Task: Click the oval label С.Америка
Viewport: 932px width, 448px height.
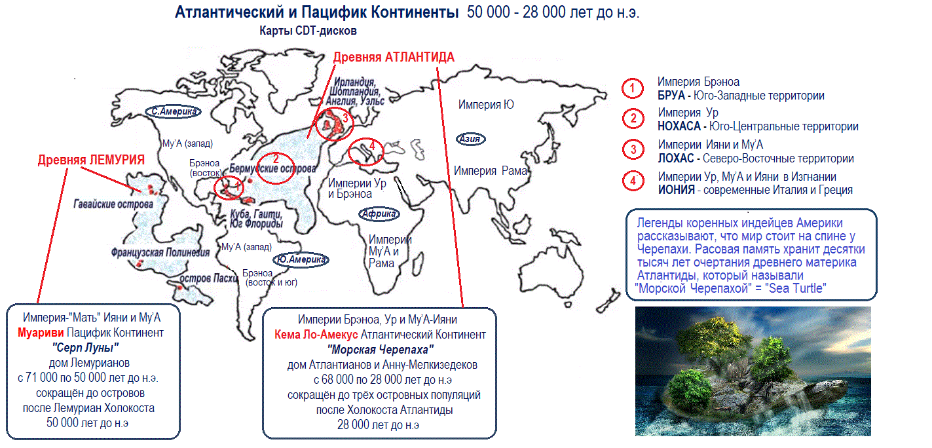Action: pyautogui.click(x=173, y=111)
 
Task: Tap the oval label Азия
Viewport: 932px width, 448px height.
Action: pyautogui.click(x=470, y=139)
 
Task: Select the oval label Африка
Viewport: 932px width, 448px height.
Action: pyautogui.click(x=379, y=214)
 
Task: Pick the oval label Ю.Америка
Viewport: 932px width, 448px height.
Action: pyautogui.click(x=301, y=259)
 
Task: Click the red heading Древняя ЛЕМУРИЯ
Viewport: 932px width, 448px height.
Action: pyautogui.click(x=91, y=160)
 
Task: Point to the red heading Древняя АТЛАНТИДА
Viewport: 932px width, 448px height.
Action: pyautogui.click(x=394, y=57)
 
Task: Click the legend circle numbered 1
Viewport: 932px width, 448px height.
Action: pyautogui.click(x=633, y=88)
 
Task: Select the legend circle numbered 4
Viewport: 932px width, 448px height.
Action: pyautogui.click(x=633, y=181)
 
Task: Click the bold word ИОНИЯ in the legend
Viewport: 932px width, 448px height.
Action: pyautogui.click(x=676, y=190)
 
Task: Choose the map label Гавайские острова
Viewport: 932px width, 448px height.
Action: pyautogui.click(x=113, y=204)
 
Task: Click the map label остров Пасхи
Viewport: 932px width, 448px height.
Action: pyautogui.click(x=208, y=278)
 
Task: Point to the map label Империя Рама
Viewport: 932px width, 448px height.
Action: pyautogui.click(x=490, y=170)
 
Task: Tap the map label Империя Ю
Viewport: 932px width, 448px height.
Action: pyautogui.click(x=486, y=104)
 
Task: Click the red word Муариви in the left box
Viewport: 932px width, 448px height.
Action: pyautogui.click(x=41, y=333)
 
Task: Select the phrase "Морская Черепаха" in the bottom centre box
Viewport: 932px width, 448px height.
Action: pyautogui.click(x=381, y=349)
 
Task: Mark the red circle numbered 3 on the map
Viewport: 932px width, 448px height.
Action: pyautogui.click(x=334, y=123)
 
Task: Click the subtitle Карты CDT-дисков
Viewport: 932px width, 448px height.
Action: pyautogui.click(x=308, y=31)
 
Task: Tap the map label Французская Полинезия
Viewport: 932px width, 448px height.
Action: pyautogui.click(x=160, y=253)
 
